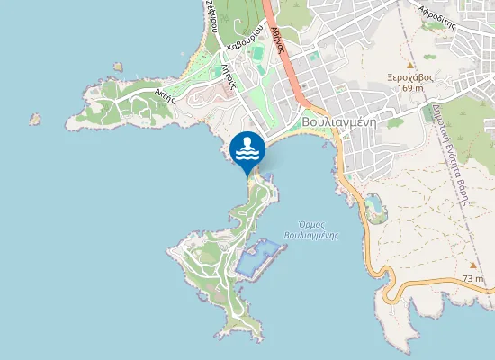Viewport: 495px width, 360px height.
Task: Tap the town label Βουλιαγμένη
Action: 337,121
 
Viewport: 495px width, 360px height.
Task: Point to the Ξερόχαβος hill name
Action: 410,77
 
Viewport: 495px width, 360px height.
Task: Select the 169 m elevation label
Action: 410,88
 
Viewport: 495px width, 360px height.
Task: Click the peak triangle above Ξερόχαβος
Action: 410,66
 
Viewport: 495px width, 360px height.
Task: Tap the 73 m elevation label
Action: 473,279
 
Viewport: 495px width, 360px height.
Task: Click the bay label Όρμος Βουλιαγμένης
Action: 310,229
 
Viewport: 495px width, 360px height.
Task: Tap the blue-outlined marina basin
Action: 258,258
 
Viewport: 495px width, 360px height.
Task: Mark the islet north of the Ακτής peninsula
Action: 118,67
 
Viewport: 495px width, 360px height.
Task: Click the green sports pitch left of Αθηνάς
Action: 259,54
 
